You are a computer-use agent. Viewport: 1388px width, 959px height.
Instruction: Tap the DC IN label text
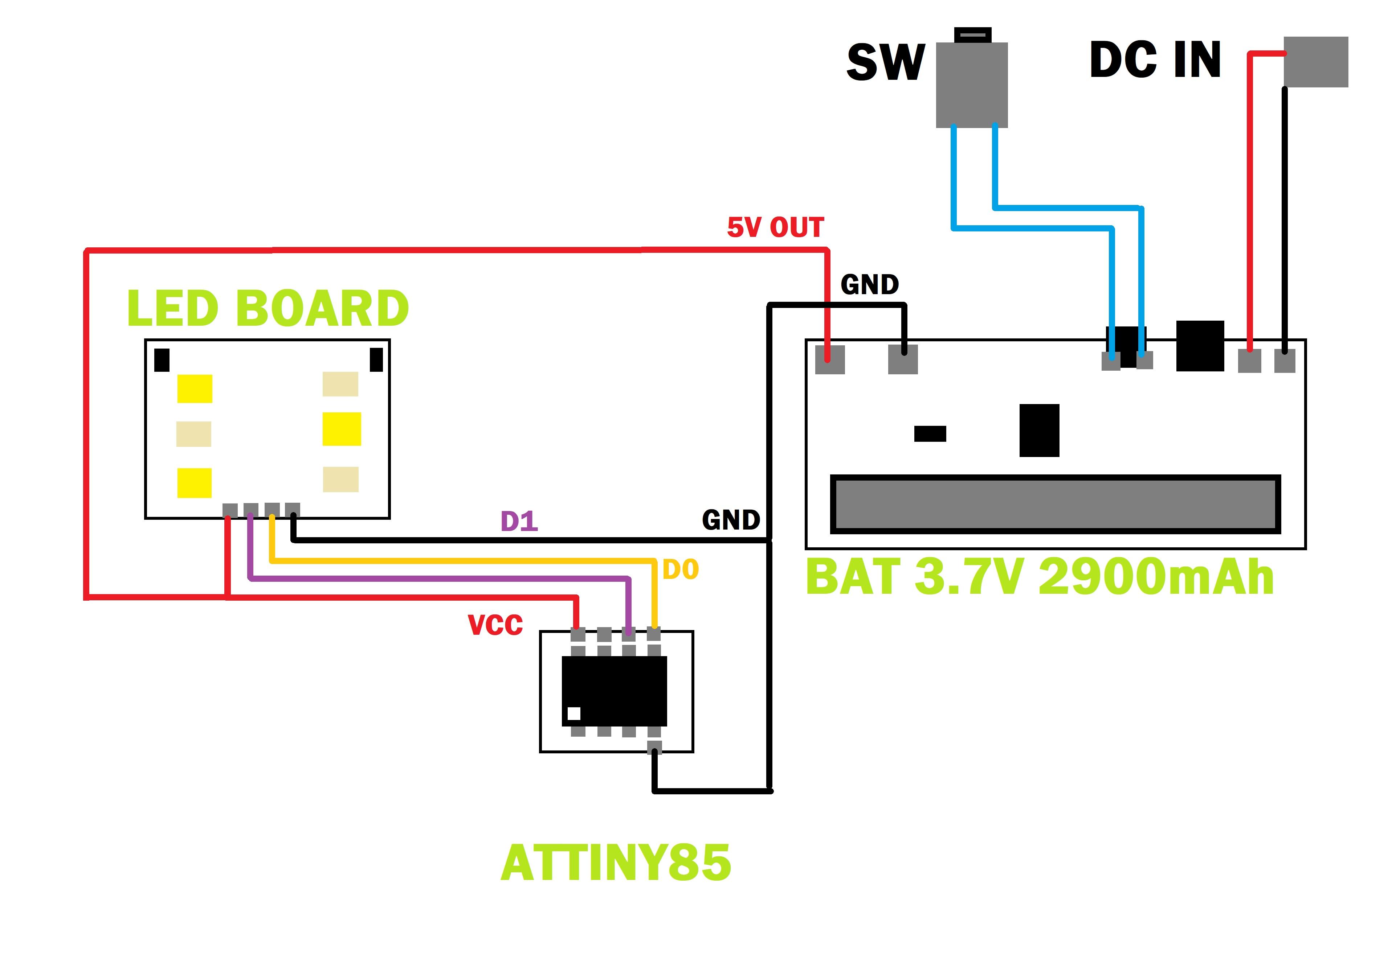tap(1154, 60)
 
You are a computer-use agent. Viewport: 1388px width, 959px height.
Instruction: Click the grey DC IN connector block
tap(1315, 62)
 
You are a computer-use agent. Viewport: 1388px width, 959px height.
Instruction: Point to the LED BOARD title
tap(268, 308)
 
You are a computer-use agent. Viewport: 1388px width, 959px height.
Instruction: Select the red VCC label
tap(495, 625)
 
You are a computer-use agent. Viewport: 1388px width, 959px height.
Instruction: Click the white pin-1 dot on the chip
tap(573, 713)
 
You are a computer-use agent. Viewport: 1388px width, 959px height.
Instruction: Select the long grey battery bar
tap(1055, 504)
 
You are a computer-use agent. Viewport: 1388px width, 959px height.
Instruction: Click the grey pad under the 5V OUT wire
tap(829, 359)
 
